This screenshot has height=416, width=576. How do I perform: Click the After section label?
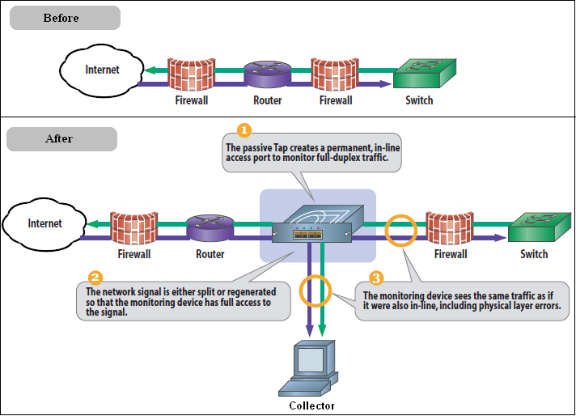point(61,138)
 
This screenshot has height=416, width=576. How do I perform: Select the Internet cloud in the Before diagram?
point(102,70)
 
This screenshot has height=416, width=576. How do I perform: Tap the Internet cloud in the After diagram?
point(44,223)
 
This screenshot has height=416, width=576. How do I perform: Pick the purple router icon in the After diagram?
point(210,228)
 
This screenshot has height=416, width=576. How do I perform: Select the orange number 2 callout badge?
point(95,276)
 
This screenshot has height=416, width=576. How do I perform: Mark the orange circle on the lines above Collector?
point(316,290)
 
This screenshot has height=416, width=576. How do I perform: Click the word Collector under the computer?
point(311,406)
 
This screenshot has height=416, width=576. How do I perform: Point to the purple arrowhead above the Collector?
point(307,329)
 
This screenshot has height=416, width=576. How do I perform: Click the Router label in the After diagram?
point(210,254)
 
